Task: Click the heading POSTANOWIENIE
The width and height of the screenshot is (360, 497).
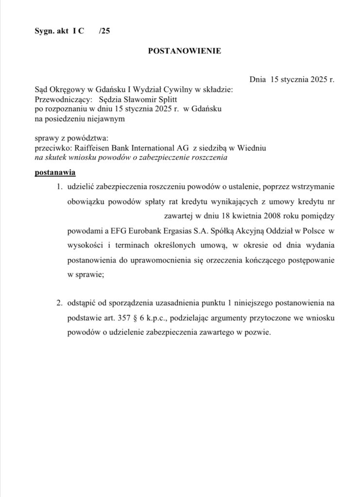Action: coord(184,50)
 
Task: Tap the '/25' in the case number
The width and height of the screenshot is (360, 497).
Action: coord(103,31)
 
